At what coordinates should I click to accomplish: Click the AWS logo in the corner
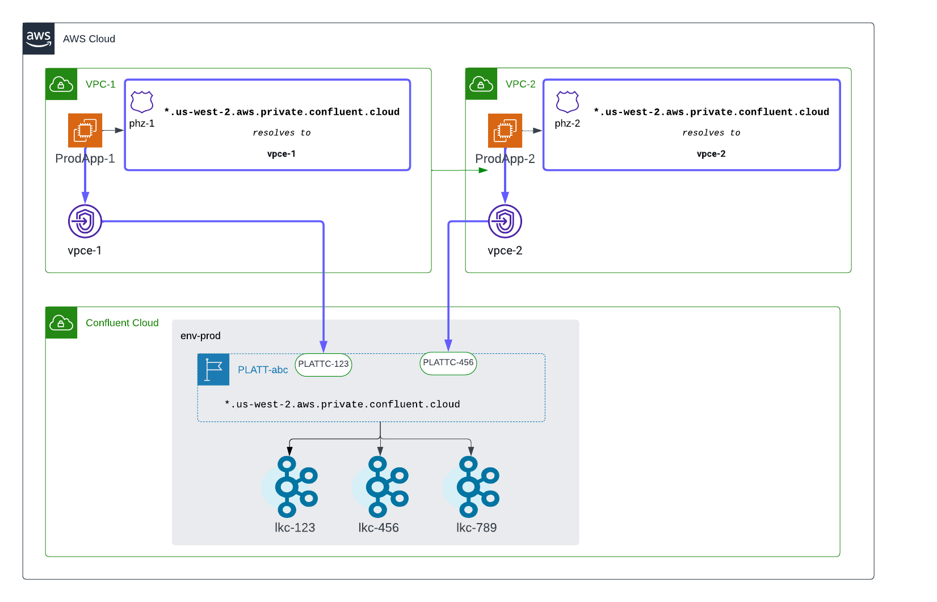(x=39, y=39)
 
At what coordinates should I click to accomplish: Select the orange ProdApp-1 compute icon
(x=85, y=130)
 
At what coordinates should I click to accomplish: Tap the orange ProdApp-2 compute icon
(x=505, y=130)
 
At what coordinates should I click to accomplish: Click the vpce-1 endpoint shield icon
(x=85, y=221)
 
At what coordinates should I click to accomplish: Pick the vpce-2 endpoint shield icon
(x=505, y=221)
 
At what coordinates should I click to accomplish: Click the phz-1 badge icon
(x=142, y=102)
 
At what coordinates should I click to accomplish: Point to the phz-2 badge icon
(x=568, y=102)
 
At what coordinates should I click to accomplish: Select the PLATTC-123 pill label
(x=323, y=365)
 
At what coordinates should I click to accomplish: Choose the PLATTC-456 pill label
(x=448, y=363)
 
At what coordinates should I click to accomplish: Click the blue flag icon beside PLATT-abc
(x=213, y=370)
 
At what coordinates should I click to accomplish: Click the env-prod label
(x=200, y=336)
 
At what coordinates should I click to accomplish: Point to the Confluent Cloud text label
(x=122, y=323)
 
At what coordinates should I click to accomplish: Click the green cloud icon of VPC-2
(x=481, y=84)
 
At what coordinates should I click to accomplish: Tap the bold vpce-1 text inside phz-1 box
(x=281, y=154)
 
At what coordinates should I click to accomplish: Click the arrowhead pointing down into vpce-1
(x=85, y=198)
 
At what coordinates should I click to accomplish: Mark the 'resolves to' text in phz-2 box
(x=711, y=133)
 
